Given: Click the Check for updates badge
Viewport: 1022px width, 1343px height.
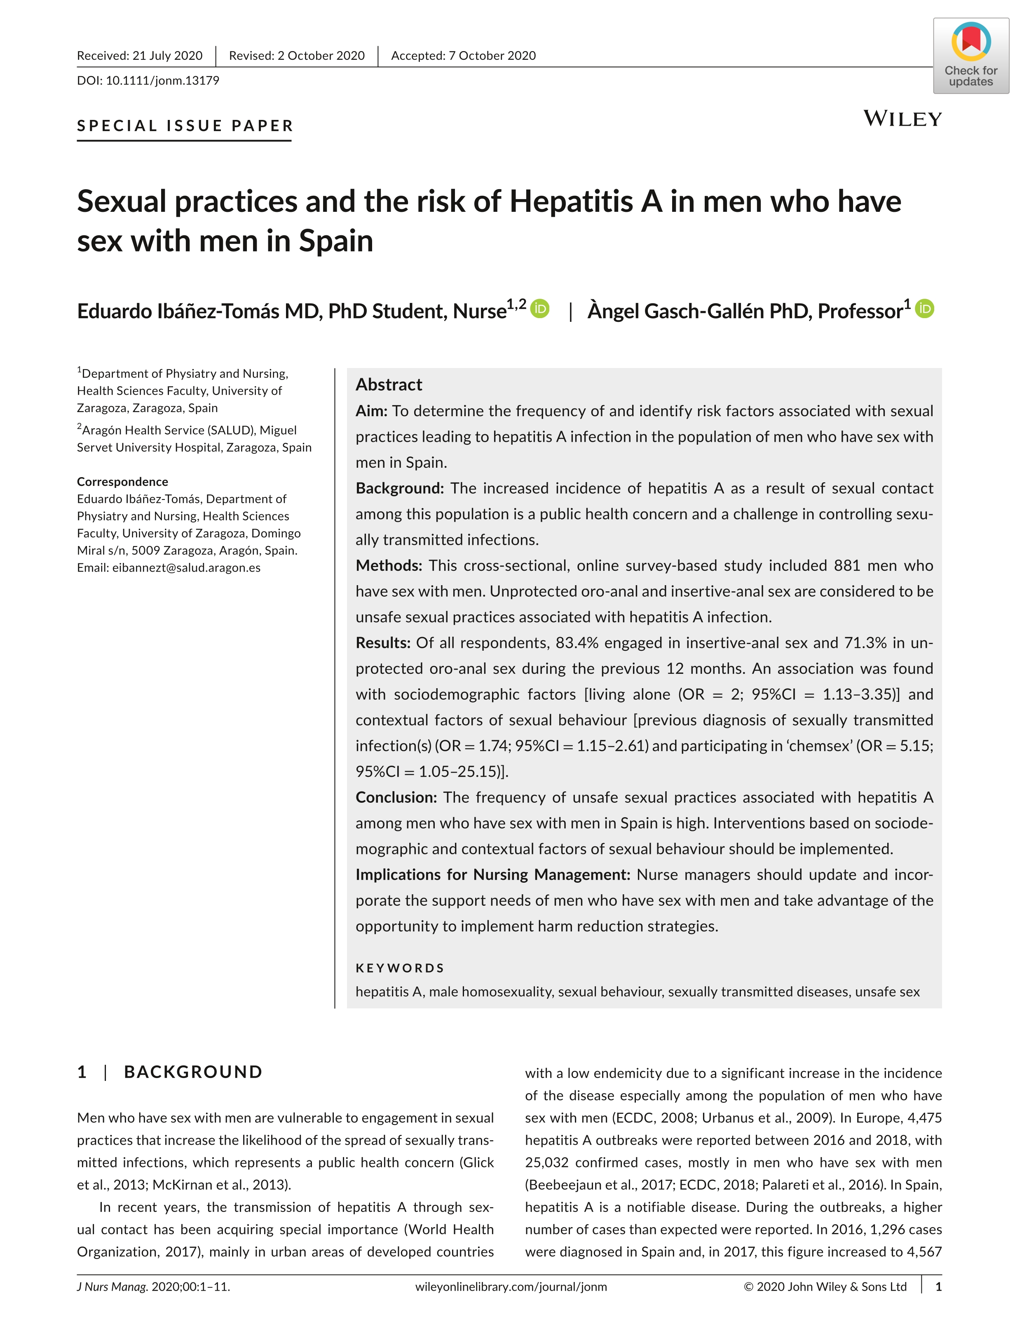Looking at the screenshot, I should (x=970, y=56).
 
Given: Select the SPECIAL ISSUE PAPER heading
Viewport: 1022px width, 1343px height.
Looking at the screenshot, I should (x=185, y=126).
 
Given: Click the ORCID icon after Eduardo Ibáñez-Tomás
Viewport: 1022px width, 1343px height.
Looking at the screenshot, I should (x=539, y=309).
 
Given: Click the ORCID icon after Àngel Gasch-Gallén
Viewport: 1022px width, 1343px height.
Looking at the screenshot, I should (x=925, y=309).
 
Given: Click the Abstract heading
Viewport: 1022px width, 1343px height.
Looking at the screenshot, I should (x=389, y=384).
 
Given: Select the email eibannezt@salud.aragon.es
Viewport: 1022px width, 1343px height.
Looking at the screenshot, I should (x=186, y=567).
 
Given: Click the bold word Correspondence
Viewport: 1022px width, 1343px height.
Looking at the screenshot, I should (x=122, y=482).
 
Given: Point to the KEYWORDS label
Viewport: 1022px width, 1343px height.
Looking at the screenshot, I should (x=400, y=968).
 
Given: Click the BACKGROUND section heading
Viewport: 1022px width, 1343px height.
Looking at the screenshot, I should (x=193, y=1072).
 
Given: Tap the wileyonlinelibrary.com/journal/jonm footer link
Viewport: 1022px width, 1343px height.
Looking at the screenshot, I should (x=511, y=1287).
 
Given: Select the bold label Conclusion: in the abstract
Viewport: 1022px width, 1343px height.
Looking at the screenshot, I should (x=396, y=797).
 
